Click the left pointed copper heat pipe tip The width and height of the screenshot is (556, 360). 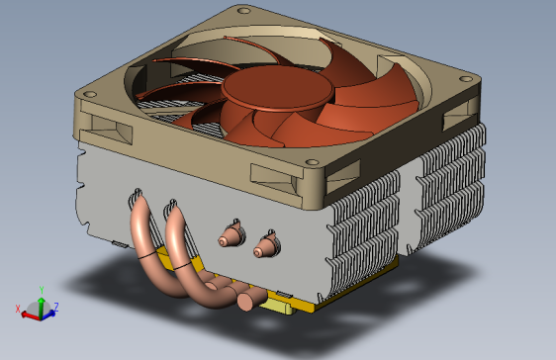(x=232, y=236)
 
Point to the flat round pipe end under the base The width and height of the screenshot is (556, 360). (x=244, y=297)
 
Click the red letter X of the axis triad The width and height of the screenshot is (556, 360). (x=18, y=309)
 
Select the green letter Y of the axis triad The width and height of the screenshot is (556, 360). (x=41, y=290)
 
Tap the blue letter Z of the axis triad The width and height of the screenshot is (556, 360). (x=56, y=307)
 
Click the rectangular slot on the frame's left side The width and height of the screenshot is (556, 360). (x=105, y=126)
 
